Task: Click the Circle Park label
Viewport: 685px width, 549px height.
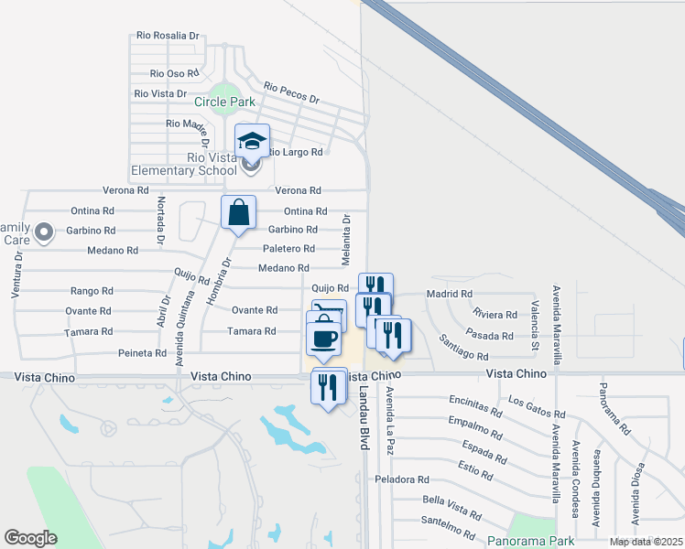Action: (x=225, y=102)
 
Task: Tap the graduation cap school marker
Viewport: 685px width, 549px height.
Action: (x=252, y=141)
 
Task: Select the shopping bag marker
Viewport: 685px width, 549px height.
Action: (x=238, y=213)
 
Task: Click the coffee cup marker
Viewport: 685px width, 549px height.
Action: (x=322, y=339)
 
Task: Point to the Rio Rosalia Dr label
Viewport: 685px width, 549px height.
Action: (x=167, y=36)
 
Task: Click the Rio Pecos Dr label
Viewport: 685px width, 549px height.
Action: (x=290, y=92)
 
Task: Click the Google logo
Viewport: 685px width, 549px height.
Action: (x=30, y=538)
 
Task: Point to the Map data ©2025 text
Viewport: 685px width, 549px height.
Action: (x=645, y=542)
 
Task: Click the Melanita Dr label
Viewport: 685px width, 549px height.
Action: (x=347, y=241)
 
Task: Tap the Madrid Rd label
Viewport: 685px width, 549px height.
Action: (x=449, y=294)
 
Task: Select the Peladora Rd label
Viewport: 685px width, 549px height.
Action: (x=401, y=479)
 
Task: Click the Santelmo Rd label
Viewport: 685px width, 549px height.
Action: (x=448, y=528)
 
